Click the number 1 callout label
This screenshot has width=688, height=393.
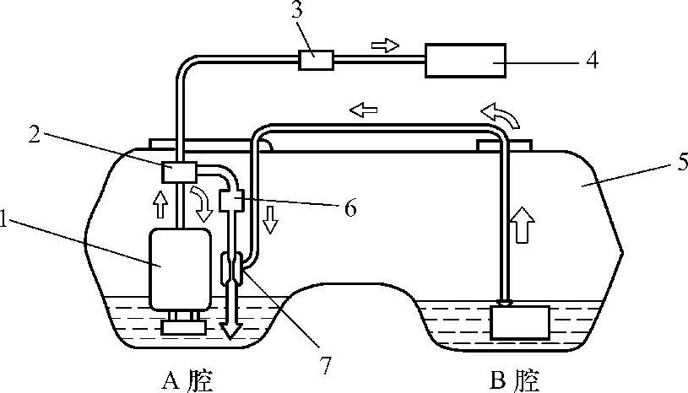[x=6, y=221]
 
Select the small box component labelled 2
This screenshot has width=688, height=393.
[x=179, y=172]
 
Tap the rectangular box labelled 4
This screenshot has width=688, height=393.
[x=465, y=60]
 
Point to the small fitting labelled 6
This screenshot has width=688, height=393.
[x=230, y=201]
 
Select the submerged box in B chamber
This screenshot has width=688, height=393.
[x=519, y=322]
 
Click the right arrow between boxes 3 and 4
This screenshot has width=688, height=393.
[x=385, y=46]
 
